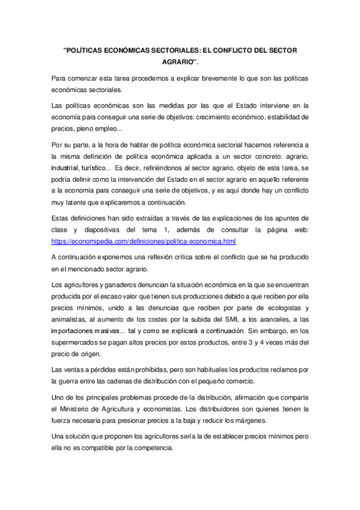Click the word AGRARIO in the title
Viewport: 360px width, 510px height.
(x=179, y=61)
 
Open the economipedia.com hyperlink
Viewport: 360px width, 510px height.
(x=144, y=241)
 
